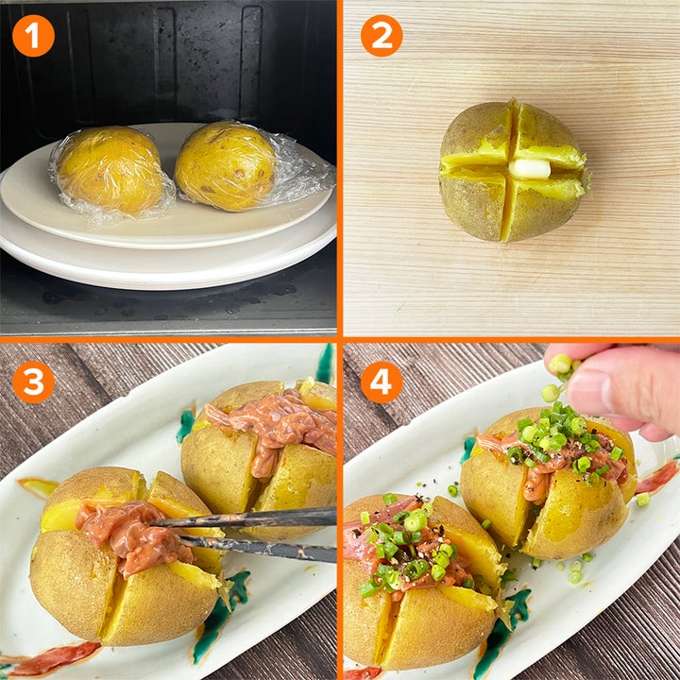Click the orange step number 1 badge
(x=33, y=36)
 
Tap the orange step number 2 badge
(x=382, y=36)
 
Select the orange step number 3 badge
(x=33, y=382)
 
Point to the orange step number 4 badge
(x=382, y=382)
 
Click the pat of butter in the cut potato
(x=530, y=168)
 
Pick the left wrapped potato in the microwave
(x=110, y=170)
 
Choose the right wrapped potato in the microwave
(x=226, y=166)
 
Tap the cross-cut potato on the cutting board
(x=513, y=171)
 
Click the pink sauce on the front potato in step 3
(x=133, y=536)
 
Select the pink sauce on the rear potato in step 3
(x=273, y=427)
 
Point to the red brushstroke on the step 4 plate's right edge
(x=657, y=477)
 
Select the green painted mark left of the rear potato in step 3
(x=186, y=426)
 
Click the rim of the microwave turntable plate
(x=169, y=270)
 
